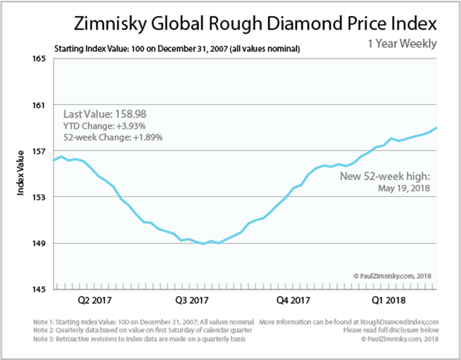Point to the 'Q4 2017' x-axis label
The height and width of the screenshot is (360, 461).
pos(293,301)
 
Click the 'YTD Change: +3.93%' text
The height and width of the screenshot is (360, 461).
pos(105,126)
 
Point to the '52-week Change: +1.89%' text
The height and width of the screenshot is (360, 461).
pos(113,137)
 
